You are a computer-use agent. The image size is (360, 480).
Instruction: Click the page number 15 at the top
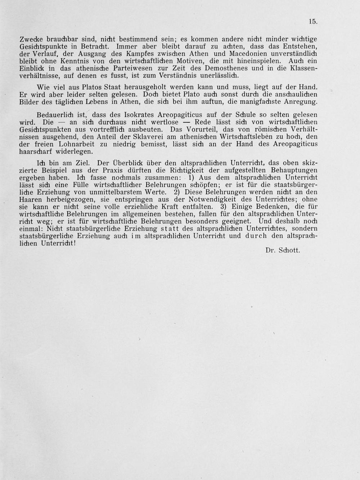tap(312, 22)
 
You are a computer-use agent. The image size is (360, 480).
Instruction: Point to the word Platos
tap(89, 87)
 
